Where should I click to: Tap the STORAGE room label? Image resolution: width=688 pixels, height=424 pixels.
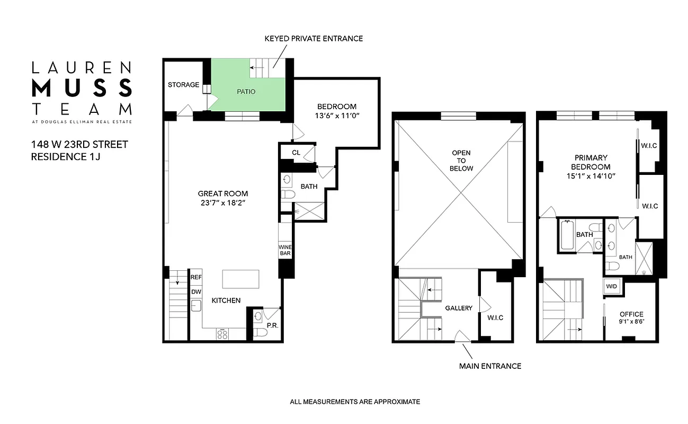click(183, 85)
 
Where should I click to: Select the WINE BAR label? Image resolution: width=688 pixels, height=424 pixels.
click(285, 250)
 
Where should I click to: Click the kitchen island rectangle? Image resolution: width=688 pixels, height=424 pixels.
click(241, 278)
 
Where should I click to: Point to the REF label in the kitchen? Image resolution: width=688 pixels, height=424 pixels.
click(196, 277)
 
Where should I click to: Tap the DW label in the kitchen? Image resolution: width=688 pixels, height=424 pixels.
click(196, 291)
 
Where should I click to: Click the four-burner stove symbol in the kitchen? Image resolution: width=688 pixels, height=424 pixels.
click(222, 334)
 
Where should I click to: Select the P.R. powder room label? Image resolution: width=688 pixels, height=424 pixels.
click(272, 325)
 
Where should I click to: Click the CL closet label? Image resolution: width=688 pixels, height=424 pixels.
click(296, 153)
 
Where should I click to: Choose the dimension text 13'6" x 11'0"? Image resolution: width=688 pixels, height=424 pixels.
click(337, 116)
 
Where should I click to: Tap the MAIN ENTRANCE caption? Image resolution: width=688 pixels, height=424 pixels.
click(490, 366)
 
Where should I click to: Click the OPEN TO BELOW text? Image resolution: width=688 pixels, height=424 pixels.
click(461, 161)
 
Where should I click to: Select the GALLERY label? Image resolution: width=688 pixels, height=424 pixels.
click(458, 308)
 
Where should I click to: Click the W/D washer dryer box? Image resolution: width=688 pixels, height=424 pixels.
click(612, 286)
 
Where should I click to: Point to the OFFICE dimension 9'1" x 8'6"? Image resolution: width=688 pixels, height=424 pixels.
click(632, 322)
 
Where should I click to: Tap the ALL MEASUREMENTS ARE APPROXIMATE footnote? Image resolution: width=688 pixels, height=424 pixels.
click(355, 402)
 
